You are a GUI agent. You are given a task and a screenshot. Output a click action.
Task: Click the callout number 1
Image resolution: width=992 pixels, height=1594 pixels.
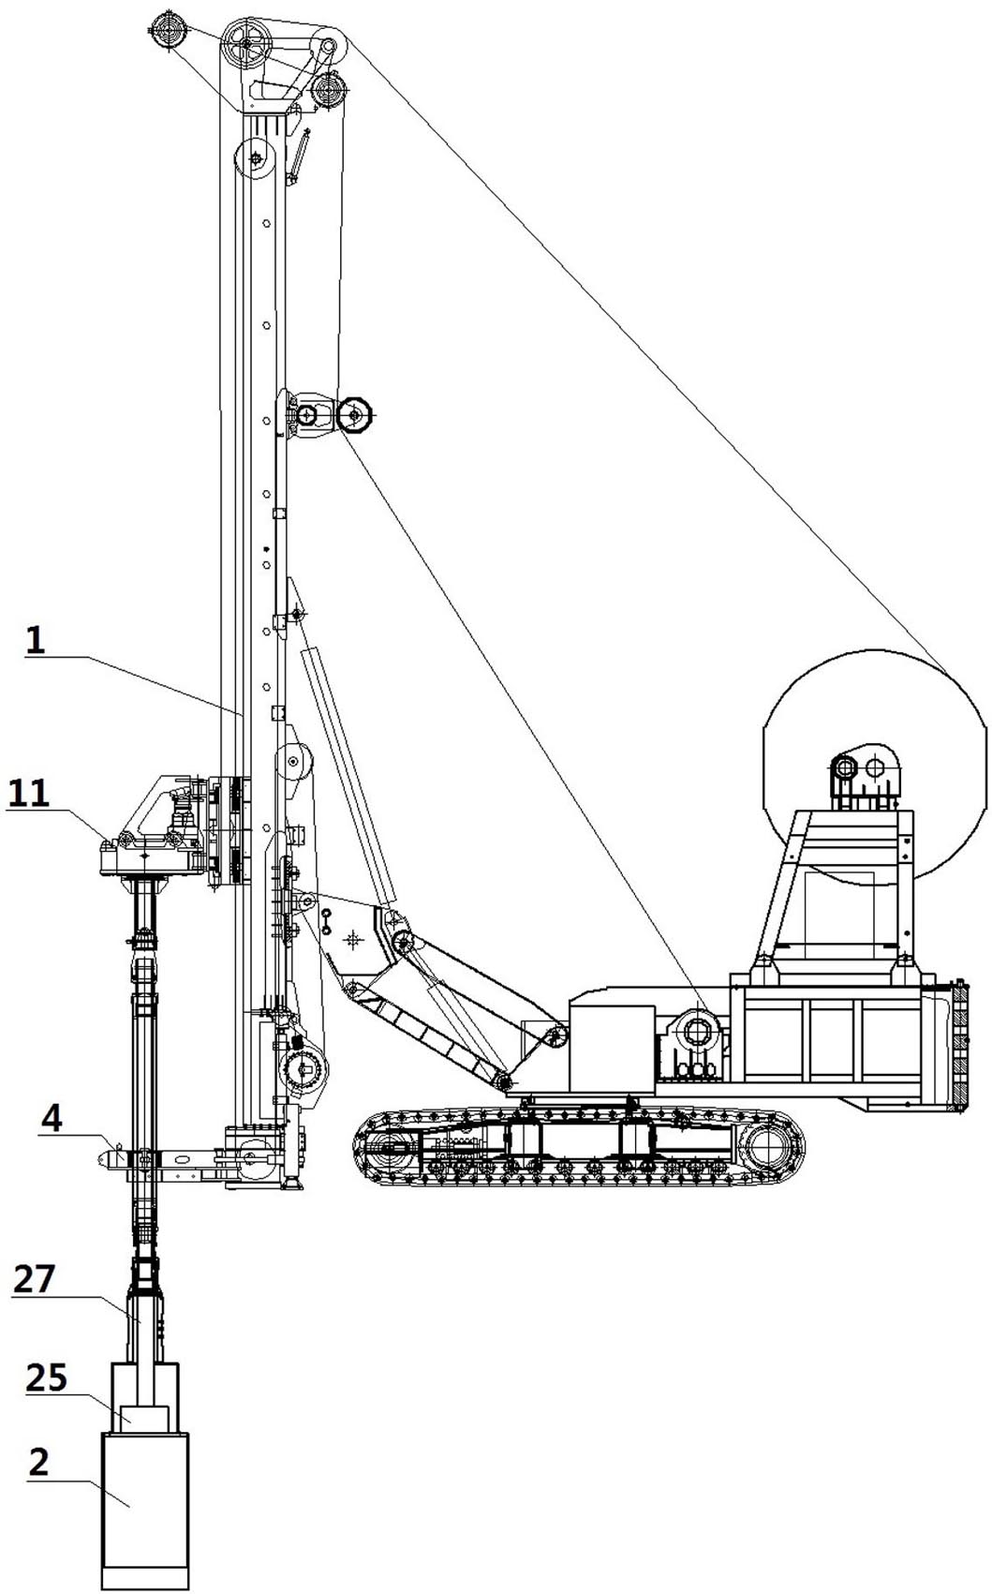[35, 641]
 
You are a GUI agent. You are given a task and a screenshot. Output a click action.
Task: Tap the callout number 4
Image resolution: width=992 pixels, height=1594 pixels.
[54, 1118]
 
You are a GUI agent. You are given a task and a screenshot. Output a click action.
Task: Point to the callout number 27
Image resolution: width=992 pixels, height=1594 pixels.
[35, 1278]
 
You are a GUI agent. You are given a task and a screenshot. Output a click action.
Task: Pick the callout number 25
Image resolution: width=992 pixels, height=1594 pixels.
[46, 1378]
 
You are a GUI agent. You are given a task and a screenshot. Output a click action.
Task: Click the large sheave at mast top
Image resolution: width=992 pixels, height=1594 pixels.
[246, 42]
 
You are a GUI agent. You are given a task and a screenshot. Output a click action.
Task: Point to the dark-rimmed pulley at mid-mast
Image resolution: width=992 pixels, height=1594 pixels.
[355, 412]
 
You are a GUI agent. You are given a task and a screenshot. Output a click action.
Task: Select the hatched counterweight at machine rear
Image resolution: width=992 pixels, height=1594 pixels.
[959, 1045]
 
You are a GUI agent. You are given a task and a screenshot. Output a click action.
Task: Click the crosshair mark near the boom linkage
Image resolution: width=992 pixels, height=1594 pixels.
[353, 938]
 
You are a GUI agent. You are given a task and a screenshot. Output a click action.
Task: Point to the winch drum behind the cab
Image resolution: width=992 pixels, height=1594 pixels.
[697, 1032]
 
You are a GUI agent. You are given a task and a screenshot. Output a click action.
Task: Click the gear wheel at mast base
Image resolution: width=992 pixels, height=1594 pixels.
[304, 1066]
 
